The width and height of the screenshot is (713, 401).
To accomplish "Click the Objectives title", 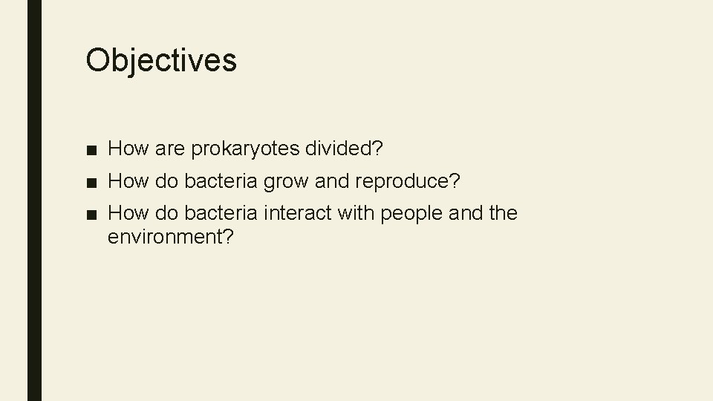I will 161,60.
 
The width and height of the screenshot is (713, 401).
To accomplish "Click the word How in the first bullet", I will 128,150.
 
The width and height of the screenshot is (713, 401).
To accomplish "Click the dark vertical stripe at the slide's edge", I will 34,200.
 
